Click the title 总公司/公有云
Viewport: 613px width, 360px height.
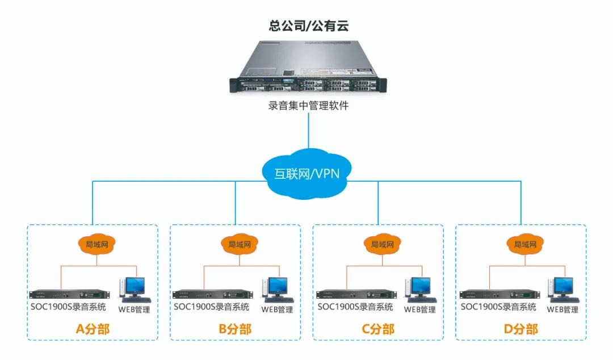pyautogui.click(x=308, y=26)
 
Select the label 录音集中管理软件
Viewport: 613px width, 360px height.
pyautogui.click(x=308, y=106)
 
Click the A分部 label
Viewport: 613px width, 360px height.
pyautogui.click(x=93, y=329)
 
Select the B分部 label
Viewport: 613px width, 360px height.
pyautogui.click(x=235, y=329)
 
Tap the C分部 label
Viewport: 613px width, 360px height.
pyautogui.click(x=378, y=329)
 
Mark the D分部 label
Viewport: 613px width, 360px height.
pyautogui.click(x=521, y=329)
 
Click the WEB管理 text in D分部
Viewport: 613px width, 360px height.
pyautogui.click(x=562, y=310)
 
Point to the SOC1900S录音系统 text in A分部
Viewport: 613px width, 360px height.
pyautogui.click(x=69, y=307)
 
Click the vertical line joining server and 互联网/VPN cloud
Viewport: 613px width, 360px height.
pyautogui.click(x=308, y=131)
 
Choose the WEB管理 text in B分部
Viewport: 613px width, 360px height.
pyautogui.click(x=277, y=310)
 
